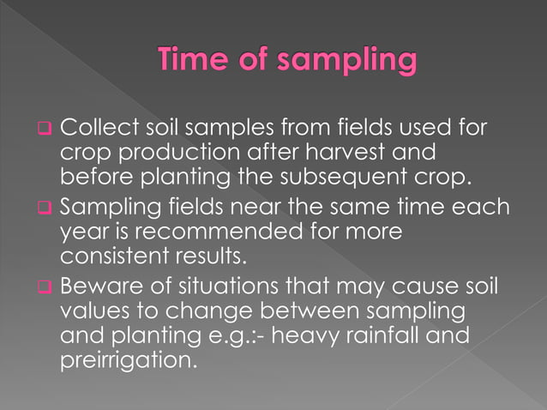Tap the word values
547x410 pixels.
[91, 310]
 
